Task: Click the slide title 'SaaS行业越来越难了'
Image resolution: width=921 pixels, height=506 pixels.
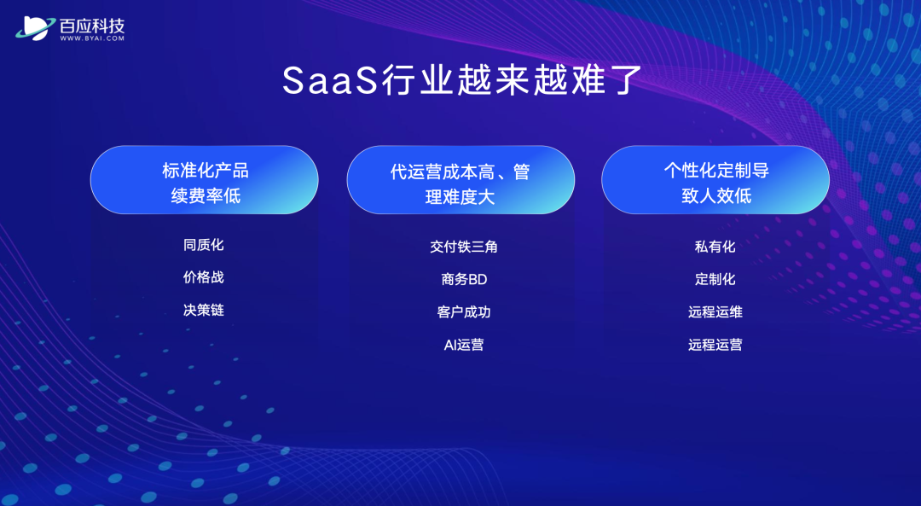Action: (461, 80)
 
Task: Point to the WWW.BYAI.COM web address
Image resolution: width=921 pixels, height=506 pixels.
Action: (92, 38)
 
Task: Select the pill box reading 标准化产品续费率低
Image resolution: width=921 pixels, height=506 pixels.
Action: (205, 180)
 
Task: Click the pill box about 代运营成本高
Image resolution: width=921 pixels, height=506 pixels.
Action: (460, 180)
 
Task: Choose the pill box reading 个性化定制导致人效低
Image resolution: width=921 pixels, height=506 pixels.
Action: (715, 180)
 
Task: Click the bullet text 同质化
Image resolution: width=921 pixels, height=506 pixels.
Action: (204, 245)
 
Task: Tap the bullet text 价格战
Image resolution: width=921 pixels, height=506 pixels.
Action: (204, 277)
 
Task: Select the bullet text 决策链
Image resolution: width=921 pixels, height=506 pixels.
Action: (204, 311)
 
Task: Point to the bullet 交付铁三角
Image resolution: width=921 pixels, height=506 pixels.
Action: (464, 247)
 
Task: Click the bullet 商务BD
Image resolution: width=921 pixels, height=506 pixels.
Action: (464, 279)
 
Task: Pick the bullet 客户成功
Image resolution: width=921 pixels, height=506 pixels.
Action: (464, 312)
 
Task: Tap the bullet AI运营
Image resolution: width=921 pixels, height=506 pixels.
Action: (464, 345)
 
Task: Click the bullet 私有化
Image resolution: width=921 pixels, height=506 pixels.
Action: (715, 247)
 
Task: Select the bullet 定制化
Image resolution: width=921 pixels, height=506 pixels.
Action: (715, 279)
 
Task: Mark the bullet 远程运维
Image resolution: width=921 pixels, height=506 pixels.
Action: (715, 312)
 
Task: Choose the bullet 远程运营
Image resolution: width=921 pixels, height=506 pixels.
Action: (715, 345)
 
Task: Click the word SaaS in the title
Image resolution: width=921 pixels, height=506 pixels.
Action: (329, 80)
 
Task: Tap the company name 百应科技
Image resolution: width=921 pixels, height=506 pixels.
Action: (92, 26)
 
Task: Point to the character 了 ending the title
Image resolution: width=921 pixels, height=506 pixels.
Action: (623, 80)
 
